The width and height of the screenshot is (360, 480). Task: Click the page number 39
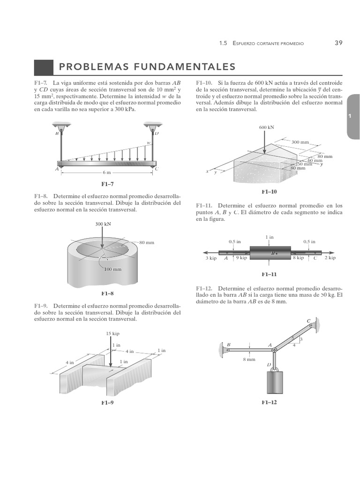point(338,43)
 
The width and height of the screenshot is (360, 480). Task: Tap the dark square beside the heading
point(44,67)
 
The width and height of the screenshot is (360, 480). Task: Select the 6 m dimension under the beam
point(106,173)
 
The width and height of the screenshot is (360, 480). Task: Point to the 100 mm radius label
point(112,270)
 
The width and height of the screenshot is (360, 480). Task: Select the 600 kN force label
point(266,127)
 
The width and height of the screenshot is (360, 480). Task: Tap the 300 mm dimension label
point(301,142)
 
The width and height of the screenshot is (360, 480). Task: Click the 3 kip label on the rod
point(211,258)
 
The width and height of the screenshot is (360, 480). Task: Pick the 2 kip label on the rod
point(330,258)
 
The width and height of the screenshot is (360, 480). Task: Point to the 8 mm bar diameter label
point(249,359)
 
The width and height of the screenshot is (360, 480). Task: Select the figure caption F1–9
point(108,403)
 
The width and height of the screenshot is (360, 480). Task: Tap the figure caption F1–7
point(108,184)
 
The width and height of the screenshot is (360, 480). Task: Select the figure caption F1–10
point(269,192)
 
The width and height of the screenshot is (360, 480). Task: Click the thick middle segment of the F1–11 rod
point(270,254)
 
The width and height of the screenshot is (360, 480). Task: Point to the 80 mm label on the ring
point(146,242)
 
